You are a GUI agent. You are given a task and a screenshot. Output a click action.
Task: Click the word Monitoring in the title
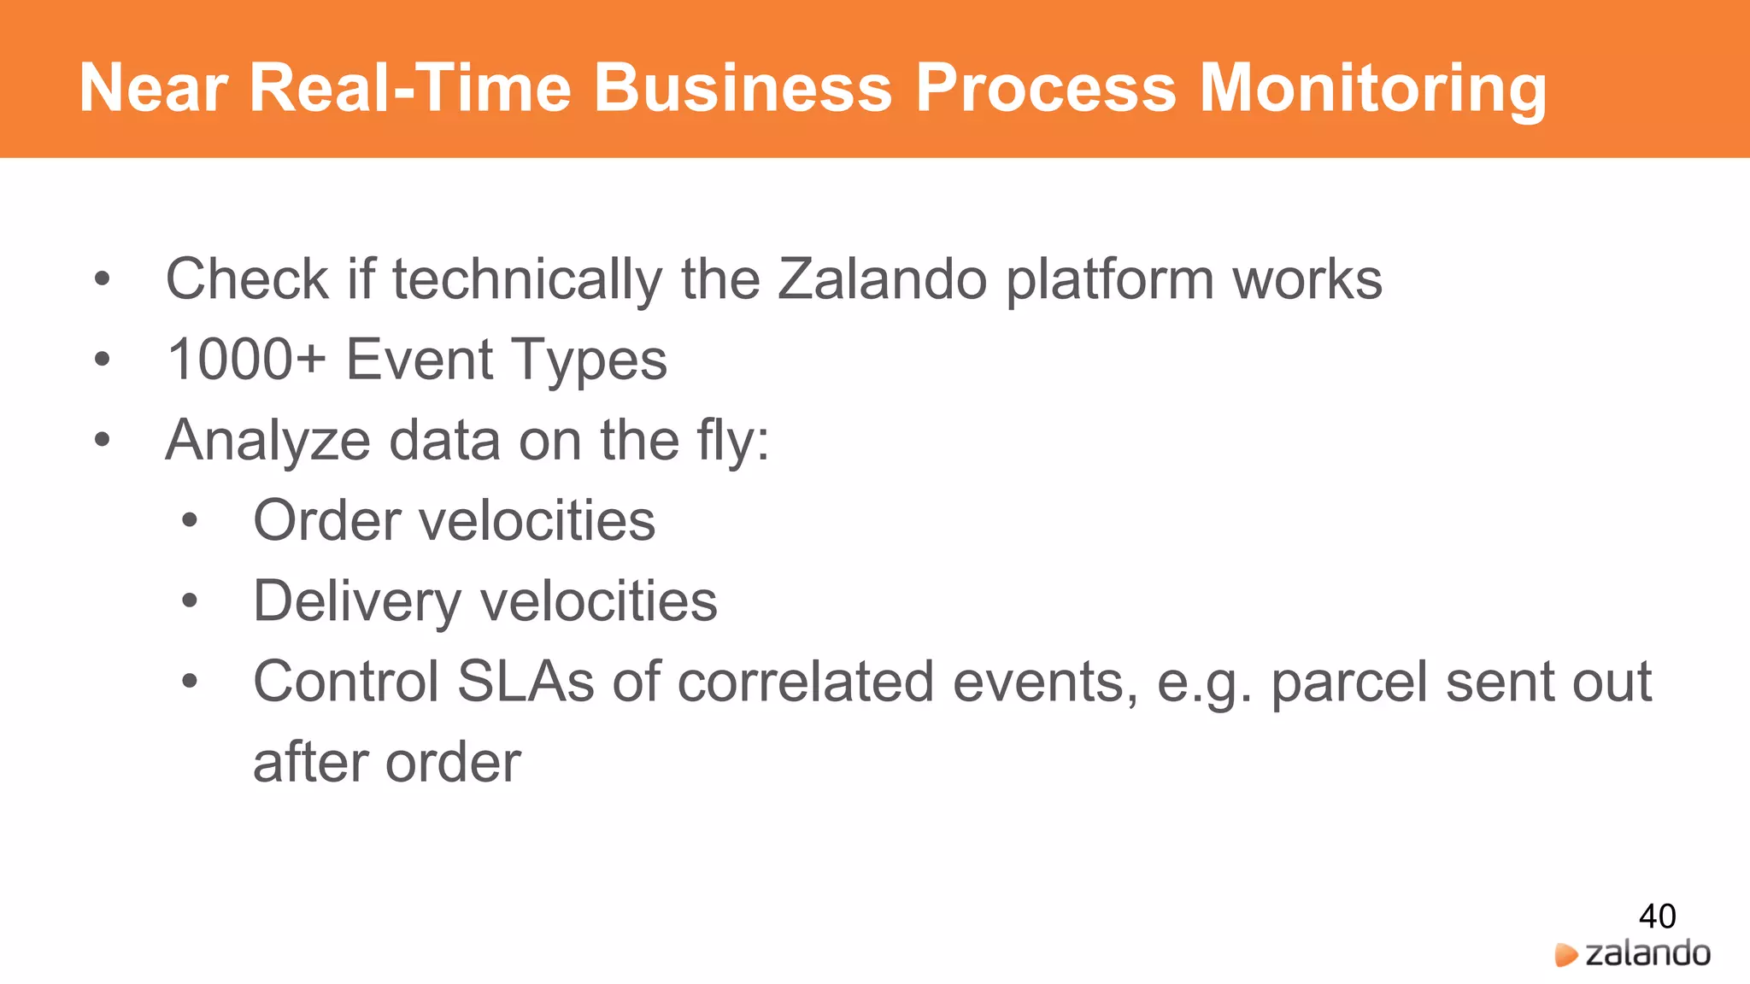(x=1372, y=88)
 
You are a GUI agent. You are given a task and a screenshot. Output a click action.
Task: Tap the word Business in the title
(x=743, y=88)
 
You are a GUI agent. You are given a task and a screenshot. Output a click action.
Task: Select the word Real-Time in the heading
(x=410, y=88)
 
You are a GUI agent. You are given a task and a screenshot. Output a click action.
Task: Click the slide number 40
(x=1657, y=917)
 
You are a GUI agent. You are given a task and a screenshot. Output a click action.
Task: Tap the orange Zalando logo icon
(x=1565, y=955)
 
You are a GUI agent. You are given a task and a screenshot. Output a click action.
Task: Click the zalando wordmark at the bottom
(x=1647, y=953)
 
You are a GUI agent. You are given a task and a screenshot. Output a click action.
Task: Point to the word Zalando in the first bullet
(x=882, y=279)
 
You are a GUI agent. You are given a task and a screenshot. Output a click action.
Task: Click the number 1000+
(x=246, y=360)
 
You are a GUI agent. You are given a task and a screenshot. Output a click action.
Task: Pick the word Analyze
(x=267, y=441)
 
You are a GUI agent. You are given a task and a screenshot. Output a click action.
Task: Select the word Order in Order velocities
(x=327, y=521)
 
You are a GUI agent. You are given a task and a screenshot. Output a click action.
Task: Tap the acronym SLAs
(x=526, y=682)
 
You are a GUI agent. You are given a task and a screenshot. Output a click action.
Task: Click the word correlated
(x=806, y=682)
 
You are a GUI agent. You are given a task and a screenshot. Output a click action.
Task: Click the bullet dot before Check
(x=103, y=279)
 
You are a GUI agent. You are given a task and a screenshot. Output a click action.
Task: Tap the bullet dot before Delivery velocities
(x=190, y=601)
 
